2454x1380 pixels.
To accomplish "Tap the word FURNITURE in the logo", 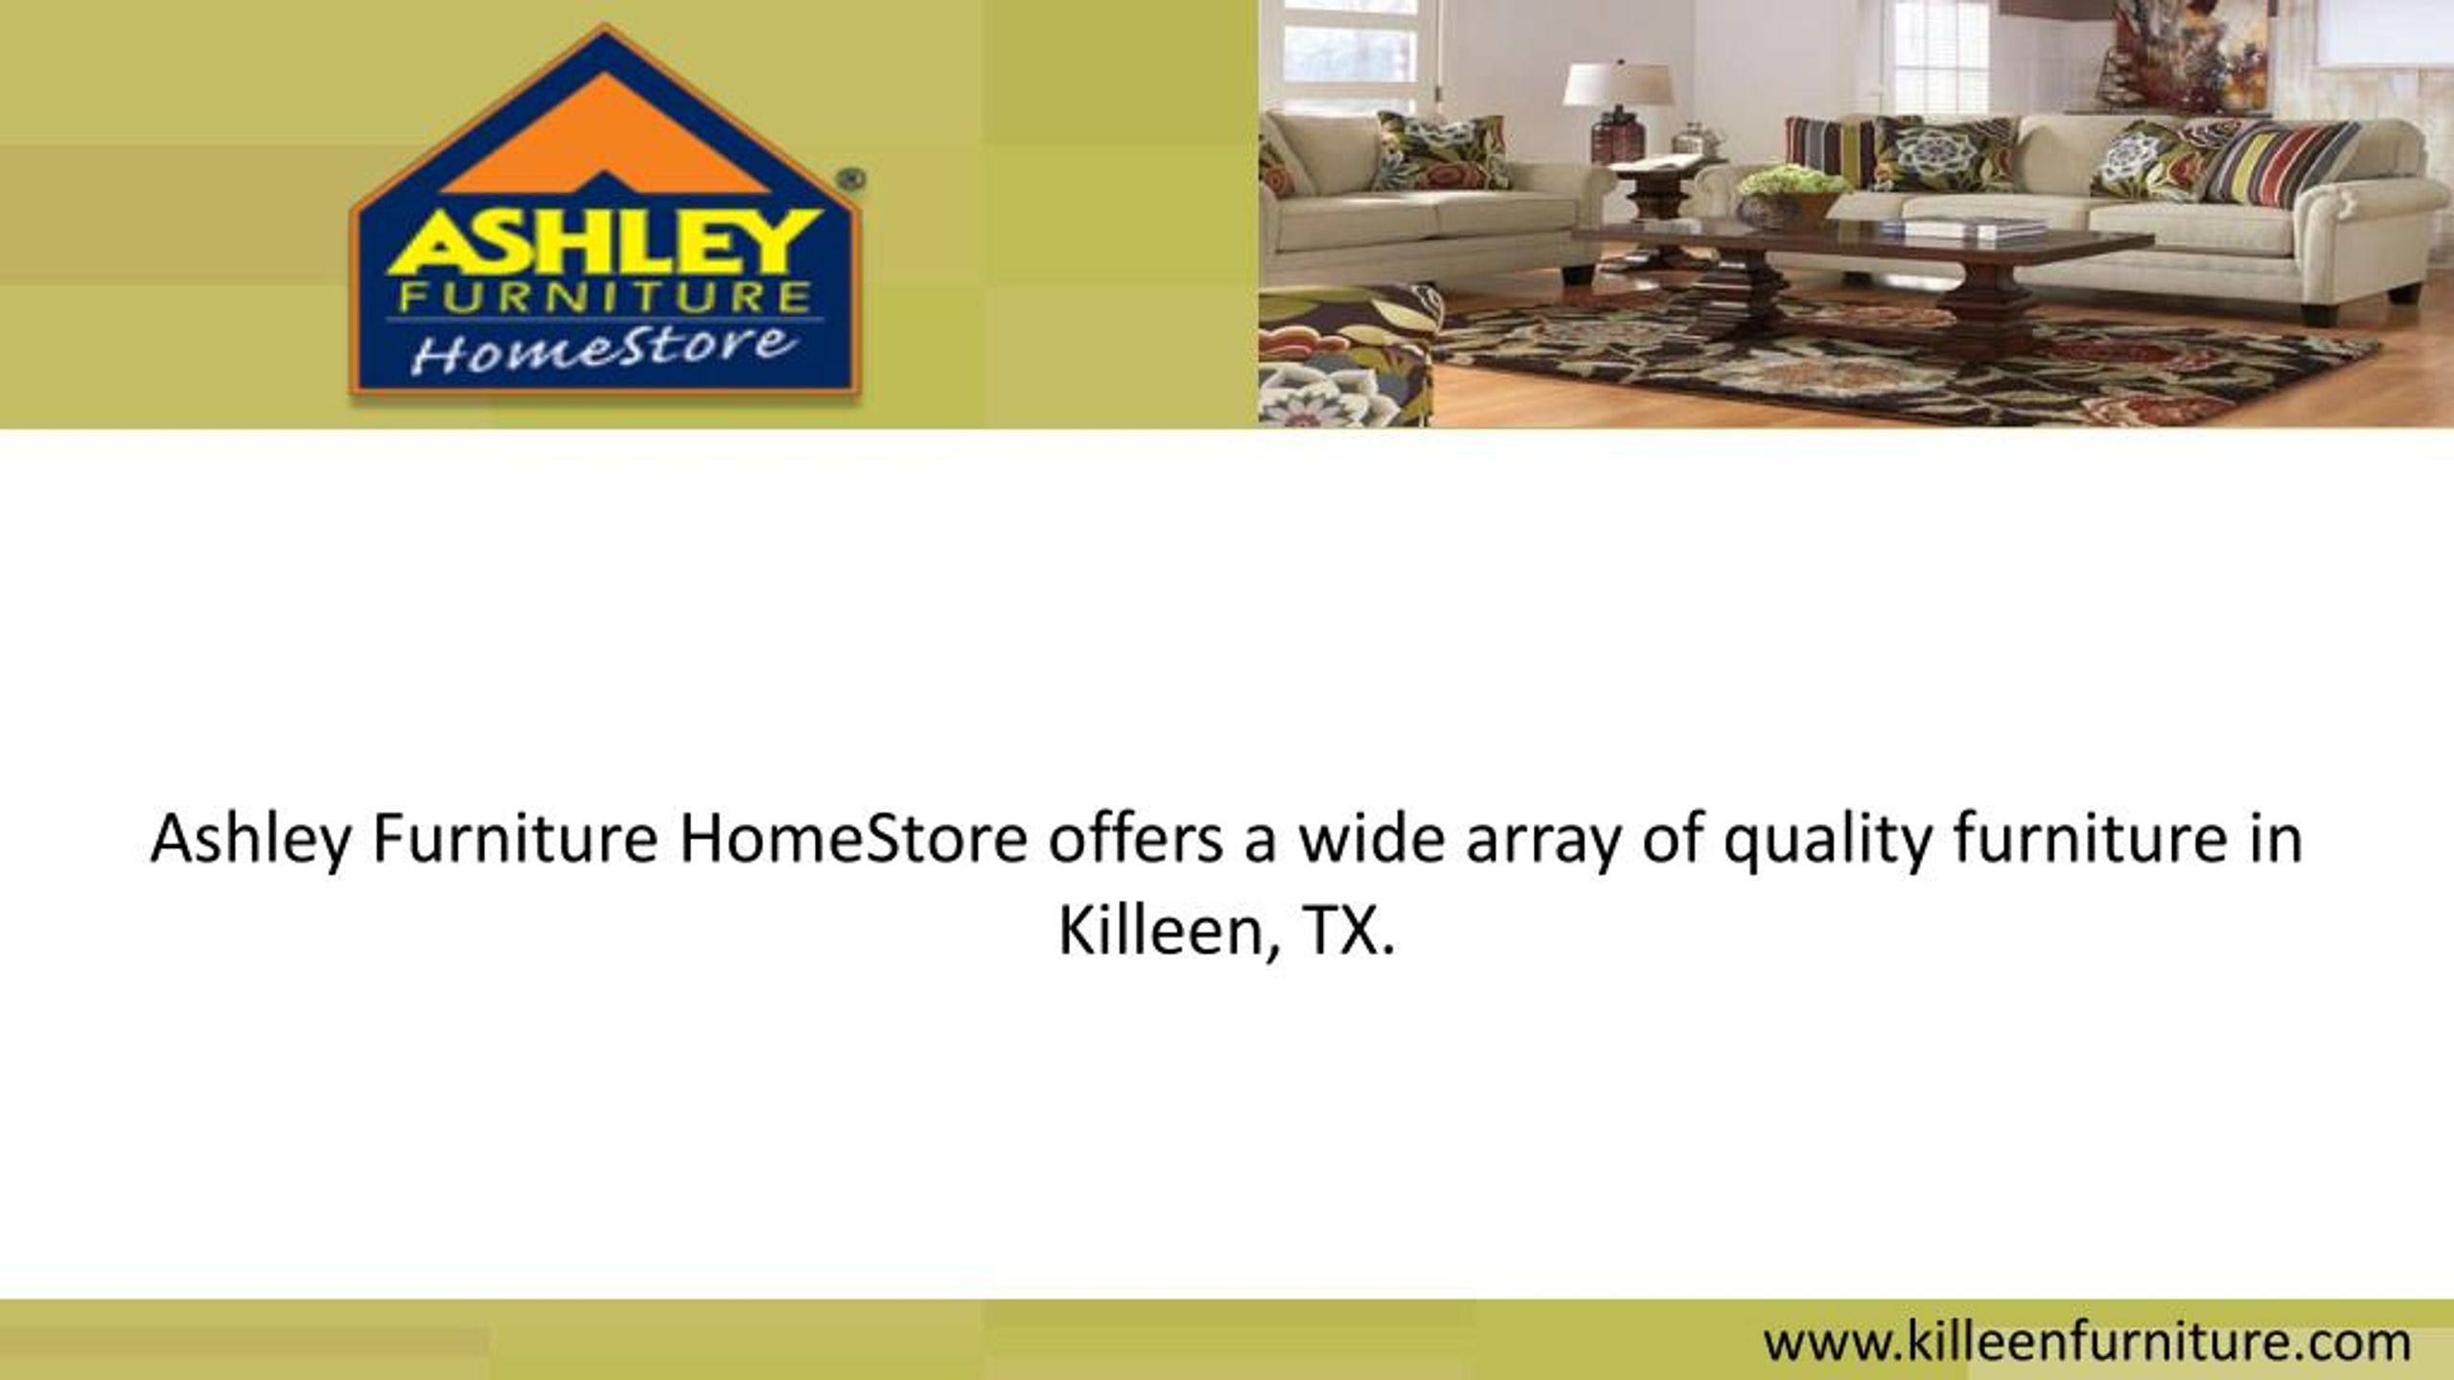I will pyautogui.click(x=604, y=299).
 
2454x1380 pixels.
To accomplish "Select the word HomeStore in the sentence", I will pyautogui.click(x=853, y=839).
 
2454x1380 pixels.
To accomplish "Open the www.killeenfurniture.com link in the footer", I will pyautogui.click(x=2086, y=1343).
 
